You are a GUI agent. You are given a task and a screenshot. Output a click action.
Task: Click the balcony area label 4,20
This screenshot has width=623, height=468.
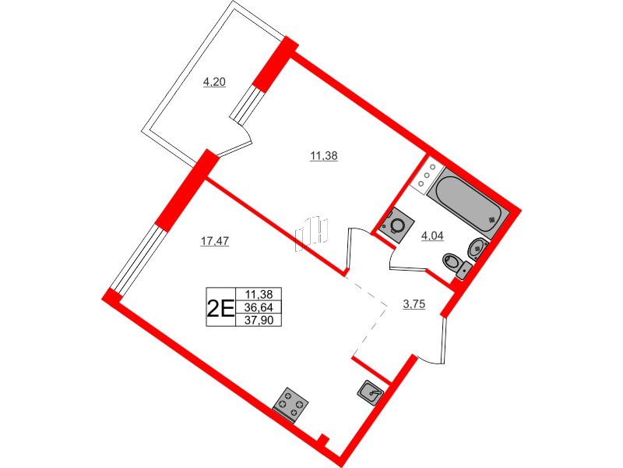(x=214, y=82)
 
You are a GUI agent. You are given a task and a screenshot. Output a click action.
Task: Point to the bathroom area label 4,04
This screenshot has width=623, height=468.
(x=432, y=236)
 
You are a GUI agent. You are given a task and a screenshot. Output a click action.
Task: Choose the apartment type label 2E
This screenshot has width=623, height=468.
(x=219, y=307)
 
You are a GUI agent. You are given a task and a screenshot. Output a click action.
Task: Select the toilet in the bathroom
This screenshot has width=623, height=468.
(x=455, y=262)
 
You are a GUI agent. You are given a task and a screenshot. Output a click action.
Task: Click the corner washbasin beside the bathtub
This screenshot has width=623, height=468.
(x=477, y=249)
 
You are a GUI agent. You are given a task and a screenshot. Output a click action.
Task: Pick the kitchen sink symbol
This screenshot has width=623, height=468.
(x=372, y=393)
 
